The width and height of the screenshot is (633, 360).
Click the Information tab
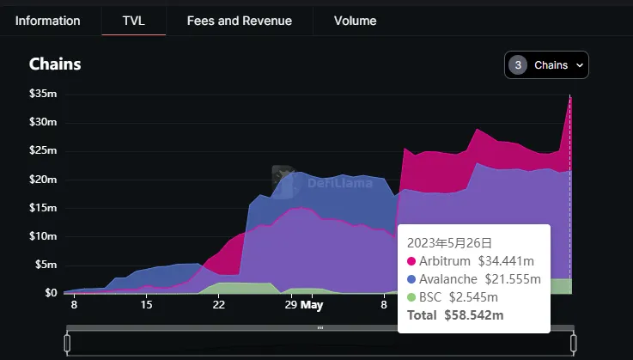click(47, 21)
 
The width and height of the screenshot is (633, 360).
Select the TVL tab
click(133, 21)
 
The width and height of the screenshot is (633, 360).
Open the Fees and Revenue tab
click(239, 21)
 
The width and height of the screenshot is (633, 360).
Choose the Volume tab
click(355, 21)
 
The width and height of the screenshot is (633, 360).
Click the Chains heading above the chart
click(56, 64)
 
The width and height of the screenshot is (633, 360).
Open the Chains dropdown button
click(546, 65)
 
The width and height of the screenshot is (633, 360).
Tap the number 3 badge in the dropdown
click(518, 65)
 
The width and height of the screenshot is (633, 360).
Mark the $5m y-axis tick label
click(45, 265)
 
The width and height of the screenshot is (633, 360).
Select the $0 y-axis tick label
click(49, 293)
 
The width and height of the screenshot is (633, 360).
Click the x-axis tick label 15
click(147, 305)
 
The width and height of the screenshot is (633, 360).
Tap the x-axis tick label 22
click(219, 305)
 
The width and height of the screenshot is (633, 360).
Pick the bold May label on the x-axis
click(312, 305)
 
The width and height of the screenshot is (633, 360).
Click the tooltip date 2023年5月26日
click(451, 243)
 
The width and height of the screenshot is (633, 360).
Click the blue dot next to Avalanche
click(411, 279)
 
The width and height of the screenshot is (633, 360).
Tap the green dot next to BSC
click(411, 297)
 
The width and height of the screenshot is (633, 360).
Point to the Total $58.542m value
click(473, 315)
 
